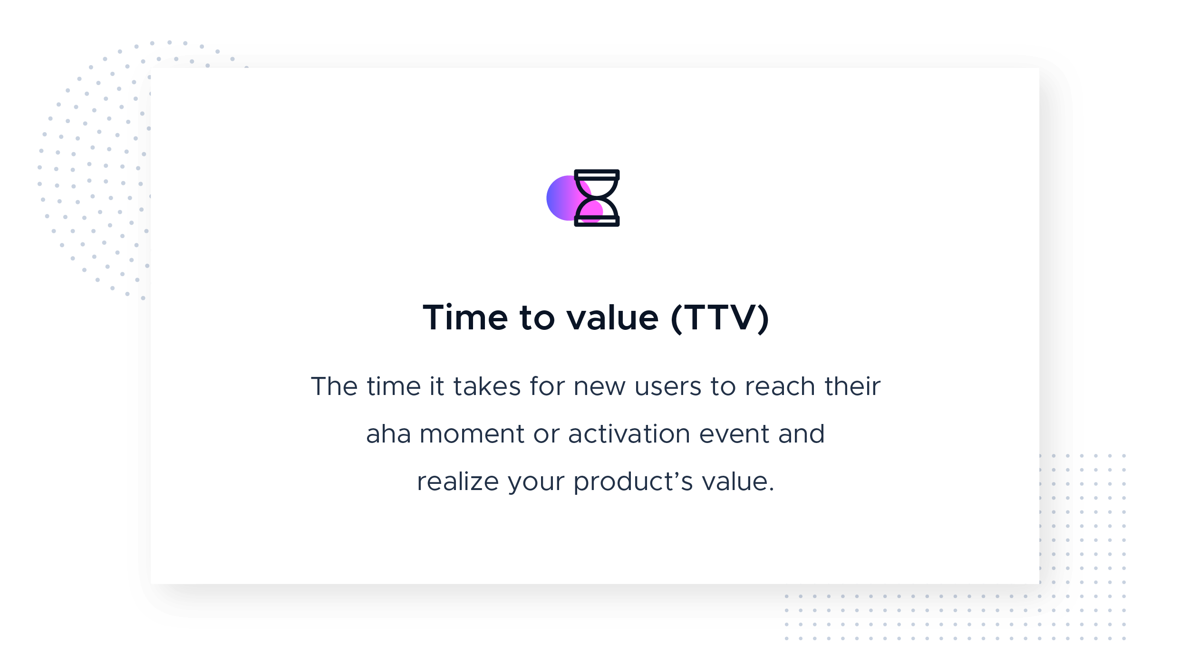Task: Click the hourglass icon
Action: (597, 198)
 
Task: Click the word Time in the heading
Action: (465, 318)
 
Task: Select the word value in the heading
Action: (612, 318)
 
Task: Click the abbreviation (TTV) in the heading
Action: (719, 318)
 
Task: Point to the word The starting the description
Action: (334, 386)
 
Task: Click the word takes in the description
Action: (487, 386)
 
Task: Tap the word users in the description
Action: (667, 387)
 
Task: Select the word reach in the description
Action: (780, 386)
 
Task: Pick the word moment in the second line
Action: (472, 434)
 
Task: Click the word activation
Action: (629, 434)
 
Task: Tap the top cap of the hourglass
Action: (597, 174)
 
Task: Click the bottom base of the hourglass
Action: (597, 221)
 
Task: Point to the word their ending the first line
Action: (852, 386)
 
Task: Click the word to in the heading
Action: (537, 318)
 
